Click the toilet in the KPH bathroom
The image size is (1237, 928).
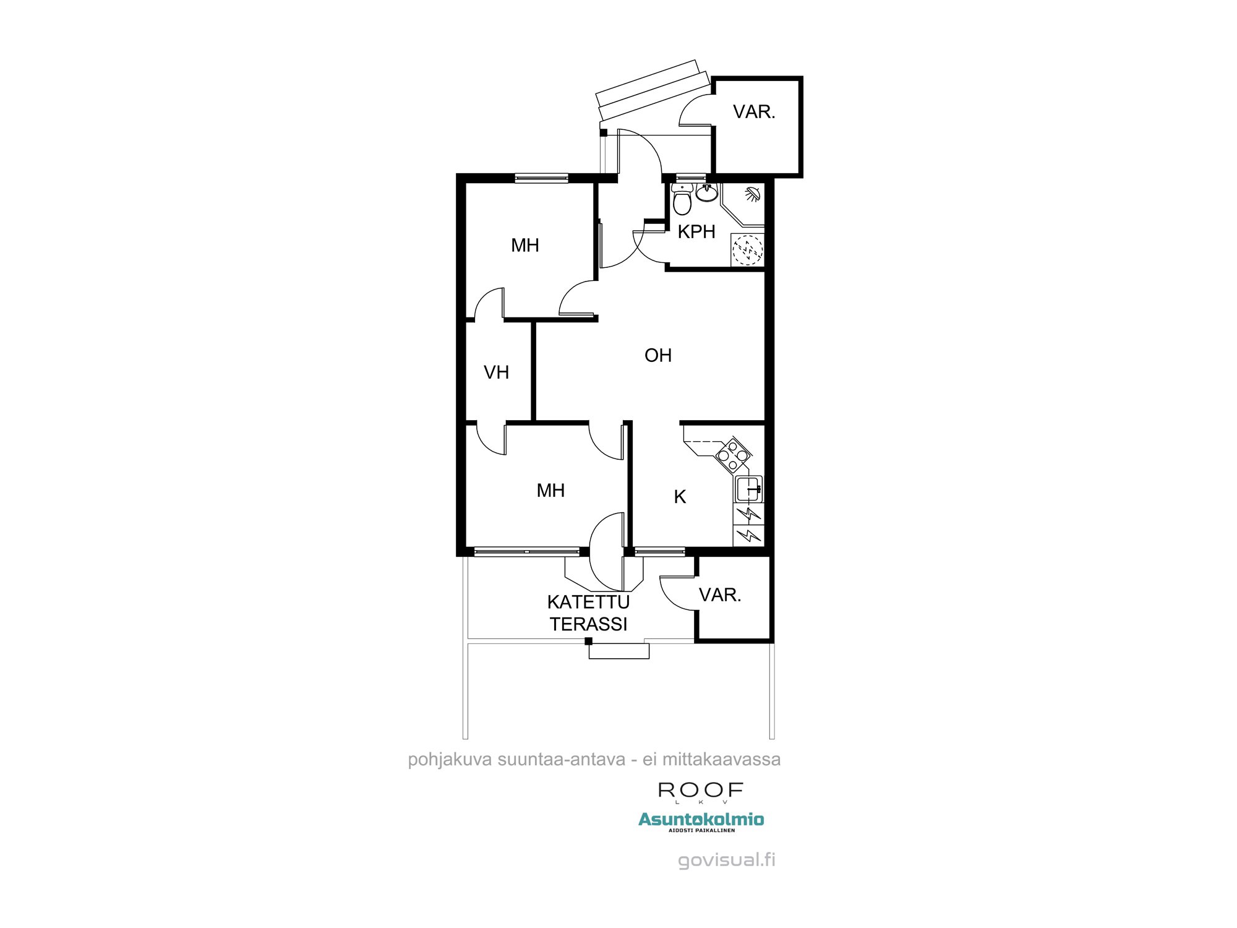pos(682,199)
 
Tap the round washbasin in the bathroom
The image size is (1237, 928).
pos(706,193)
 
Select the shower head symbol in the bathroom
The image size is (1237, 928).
pos(753,194)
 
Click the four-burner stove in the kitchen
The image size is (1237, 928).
pos(733,455)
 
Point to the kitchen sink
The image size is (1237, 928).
pos(748,489)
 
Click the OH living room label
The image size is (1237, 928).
pos(657,356)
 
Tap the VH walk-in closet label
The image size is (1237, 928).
pos(496,372)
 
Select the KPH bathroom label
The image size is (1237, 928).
pos(696,232)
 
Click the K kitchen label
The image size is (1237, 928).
pos(680,497)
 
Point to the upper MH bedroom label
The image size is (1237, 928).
pos(524,246)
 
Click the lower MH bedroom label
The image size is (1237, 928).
pos(550,491)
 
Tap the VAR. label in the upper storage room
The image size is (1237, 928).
pos(754,112)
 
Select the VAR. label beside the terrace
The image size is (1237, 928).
pos(720,595)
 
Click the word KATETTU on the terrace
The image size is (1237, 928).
pos(588,602)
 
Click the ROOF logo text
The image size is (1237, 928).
pos(700,790)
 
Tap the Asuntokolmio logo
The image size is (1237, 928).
pos(701,820)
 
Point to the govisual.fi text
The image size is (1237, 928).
pos(726,860)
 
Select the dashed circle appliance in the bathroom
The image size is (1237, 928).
pos(747,250)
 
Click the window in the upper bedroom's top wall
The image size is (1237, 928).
pos(541,178)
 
